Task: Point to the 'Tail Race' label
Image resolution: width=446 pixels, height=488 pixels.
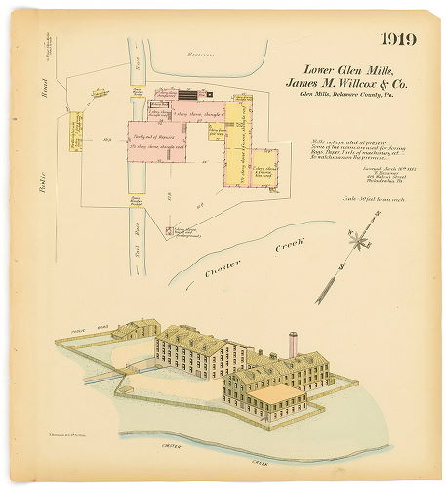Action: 137,244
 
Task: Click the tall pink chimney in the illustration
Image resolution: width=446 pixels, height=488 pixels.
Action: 291,345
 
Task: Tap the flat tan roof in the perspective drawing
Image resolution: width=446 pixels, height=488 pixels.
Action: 277,393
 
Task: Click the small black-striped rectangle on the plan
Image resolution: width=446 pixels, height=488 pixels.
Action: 185,95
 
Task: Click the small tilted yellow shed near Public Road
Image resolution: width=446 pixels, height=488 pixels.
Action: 101,95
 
